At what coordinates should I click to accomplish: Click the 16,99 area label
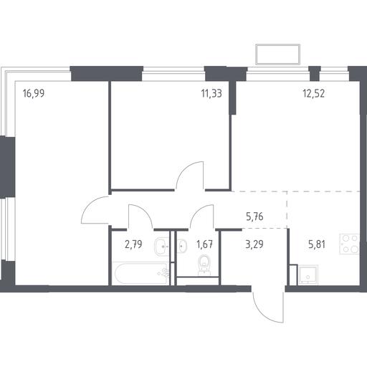(34, 93)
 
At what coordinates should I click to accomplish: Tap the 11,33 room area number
(211, 93)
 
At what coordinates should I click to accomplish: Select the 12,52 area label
(314, 93)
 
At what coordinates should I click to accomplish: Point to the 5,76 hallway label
(254, 216)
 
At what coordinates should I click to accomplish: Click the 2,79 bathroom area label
(133, 244)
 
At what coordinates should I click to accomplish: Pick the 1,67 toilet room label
(204, 244)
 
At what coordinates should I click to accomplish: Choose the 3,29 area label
(254, 244)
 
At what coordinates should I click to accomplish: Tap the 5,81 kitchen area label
(317, 244)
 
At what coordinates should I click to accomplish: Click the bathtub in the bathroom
(141, 273)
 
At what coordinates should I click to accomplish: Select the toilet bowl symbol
(204, 264)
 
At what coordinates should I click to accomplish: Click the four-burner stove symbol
(350, 244)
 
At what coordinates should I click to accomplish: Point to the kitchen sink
(308, 275)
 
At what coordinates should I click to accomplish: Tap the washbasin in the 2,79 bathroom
(162, 247)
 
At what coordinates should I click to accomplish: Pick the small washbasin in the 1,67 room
(182, 245)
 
